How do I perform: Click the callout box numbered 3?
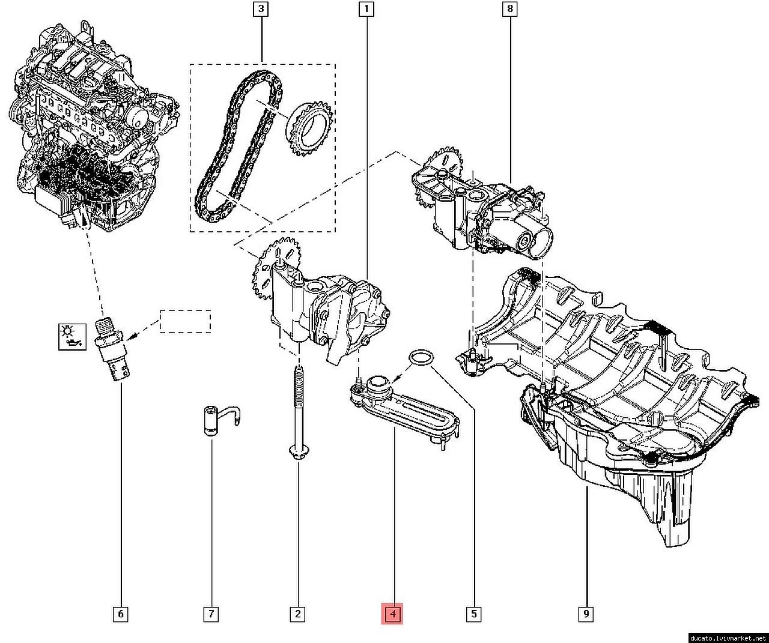pos(261,9)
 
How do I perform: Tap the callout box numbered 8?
pos(510,9)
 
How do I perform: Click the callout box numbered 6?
pos(120,614)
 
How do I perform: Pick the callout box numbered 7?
pos(211,614)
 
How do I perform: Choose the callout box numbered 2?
pos(297,614)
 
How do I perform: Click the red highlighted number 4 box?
pos(392,614)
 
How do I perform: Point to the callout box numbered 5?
pos(474,614)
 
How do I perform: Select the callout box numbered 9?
pos(586,614)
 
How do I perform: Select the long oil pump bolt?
pos(298,414)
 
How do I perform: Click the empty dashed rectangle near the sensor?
pos(185,321)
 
